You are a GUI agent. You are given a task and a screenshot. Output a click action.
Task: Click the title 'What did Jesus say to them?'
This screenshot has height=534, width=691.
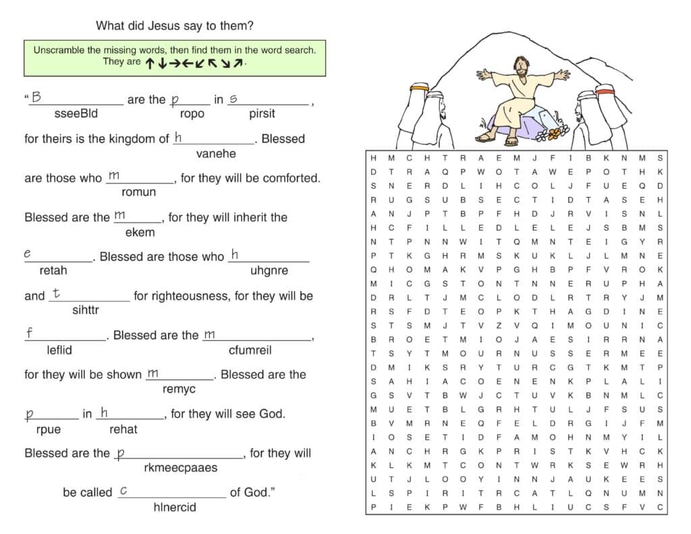pyautogui.click(x=175, y=26)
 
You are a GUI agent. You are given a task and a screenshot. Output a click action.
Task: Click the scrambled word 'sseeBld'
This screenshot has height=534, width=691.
pyautogui.click(x=76, y=113)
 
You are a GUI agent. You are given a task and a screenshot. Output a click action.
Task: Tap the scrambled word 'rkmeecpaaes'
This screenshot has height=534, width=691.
pyautogui.click(x=181, y=467)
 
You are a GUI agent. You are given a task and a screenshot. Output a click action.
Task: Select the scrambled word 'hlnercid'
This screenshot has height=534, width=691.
pyautogui.click(x=174, y=506)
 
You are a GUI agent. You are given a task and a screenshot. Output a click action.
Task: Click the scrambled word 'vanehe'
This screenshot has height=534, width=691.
pyautogui.click(x=216, y=153)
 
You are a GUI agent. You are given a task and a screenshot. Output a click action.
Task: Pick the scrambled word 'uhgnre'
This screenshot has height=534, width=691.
pyautogui.click(x=269, y=271)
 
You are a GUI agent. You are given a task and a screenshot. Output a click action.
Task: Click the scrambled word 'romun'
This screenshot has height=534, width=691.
pyautogui.click(x=139, y=192)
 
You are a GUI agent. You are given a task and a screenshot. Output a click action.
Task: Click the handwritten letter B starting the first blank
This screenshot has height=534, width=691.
pyautogui.click(x=36, y=97)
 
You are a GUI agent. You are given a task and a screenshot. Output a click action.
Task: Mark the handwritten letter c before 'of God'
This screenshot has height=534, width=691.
pyautogui.click(x=123, y=491)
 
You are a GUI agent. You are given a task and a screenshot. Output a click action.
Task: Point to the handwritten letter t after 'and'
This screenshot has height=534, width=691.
pyautogui.click(x=56, y=294)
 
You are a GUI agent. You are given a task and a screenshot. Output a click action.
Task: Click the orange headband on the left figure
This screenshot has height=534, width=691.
pyautogui.click(x=420, y=87)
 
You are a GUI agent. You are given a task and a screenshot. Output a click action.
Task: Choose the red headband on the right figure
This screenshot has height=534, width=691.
pyautogui.click(x=605, y=89)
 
